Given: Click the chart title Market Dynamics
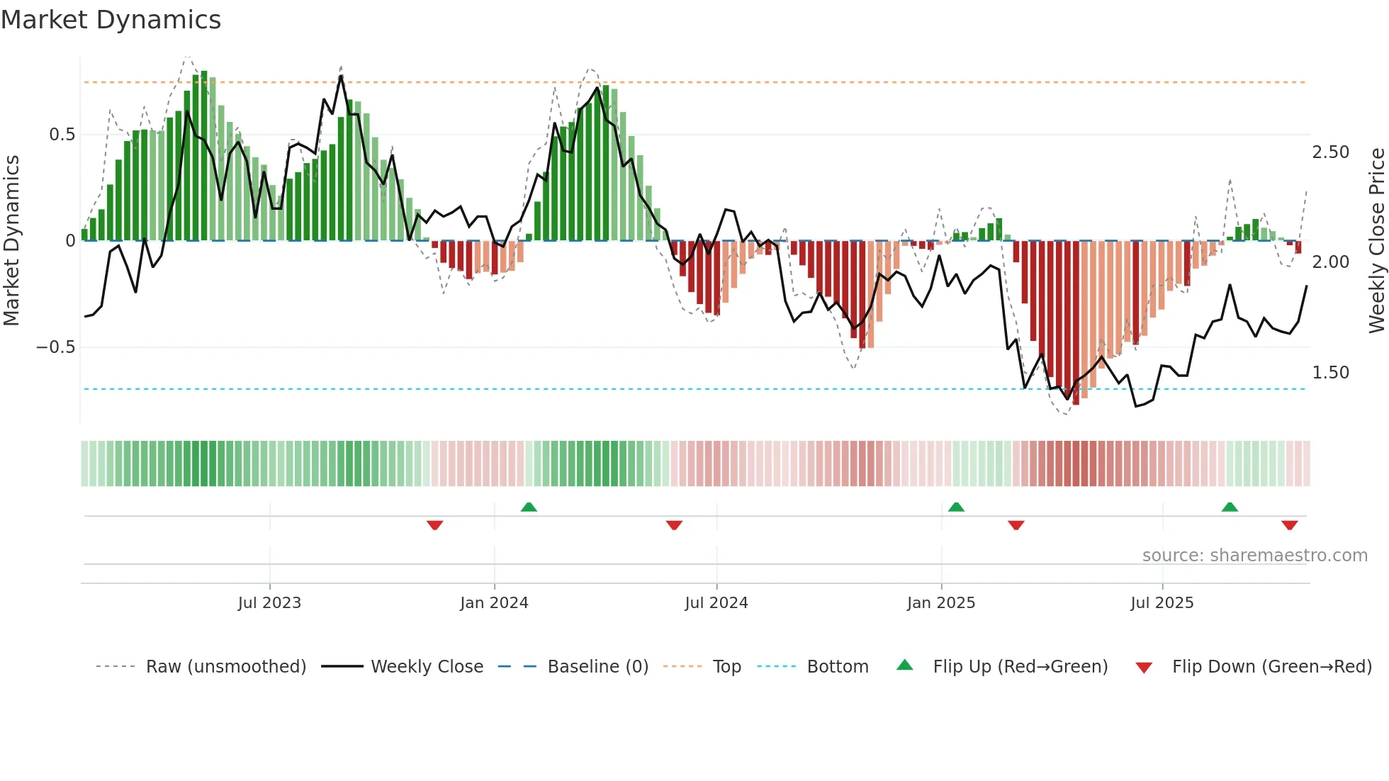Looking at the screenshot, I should (111, 20).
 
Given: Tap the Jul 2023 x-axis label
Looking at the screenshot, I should (269, 602).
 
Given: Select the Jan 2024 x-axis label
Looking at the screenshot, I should (494, 602).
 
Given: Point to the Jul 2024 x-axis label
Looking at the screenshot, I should (716, 602).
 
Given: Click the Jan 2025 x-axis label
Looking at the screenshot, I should (941, 602).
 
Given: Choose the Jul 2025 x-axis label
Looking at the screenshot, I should (1162, 602).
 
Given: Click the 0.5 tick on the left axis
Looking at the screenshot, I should (62, 135).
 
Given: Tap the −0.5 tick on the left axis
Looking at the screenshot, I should (55, 347).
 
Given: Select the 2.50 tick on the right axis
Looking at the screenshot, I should (1330, 152).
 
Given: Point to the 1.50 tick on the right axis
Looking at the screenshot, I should (1330, 373).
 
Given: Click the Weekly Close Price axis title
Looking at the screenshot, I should (1376, 241).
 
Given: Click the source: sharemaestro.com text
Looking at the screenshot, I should (1254, 556).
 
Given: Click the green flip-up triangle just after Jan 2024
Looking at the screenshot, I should (529, 507).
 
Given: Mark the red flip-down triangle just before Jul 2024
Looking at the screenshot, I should (674, 525).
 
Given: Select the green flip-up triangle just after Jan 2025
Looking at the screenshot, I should (956, 507).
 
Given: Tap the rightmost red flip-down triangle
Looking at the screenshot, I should (1289, 525).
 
